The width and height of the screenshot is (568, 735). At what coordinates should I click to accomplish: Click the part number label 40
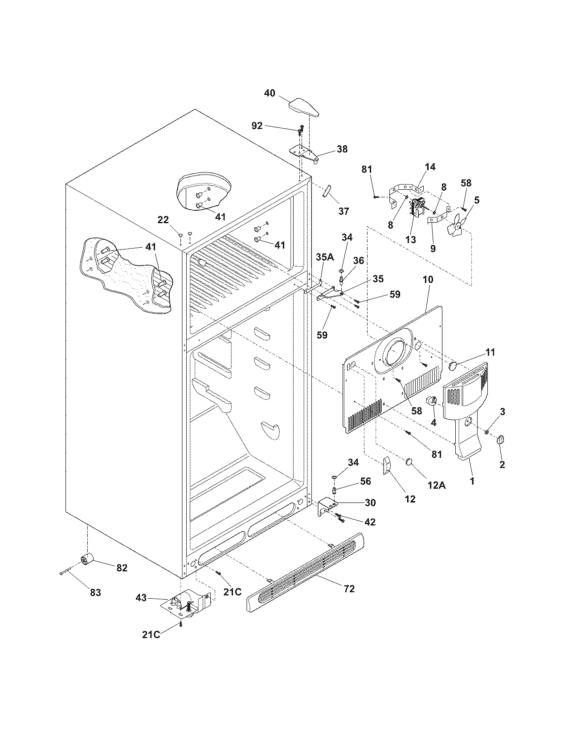270,93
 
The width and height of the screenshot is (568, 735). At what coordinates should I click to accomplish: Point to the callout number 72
349,588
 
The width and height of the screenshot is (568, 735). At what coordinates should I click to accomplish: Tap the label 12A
436,485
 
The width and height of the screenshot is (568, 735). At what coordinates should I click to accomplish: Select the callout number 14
430,167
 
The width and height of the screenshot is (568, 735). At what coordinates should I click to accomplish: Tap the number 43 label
141,598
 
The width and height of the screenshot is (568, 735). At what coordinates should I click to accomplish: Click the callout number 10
428,280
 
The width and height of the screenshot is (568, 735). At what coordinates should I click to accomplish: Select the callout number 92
257,126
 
